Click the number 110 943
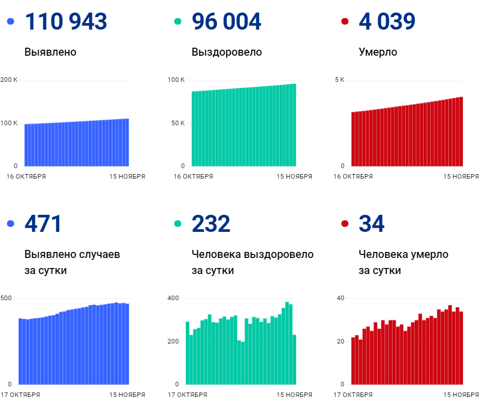(66, 22)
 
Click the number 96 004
(226, 22)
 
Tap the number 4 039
(387, 22)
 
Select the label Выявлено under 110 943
(50, 52)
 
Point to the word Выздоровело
(226, 52)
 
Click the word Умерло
(378, 52)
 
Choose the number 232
(211, 224)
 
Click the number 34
(372, 224)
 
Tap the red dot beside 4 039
(344, 22)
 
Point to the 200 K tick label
(9, 80)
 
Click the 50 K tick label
(176, 123)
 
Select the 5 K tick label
(339, 80)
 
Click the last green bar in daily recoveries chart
(294, 359)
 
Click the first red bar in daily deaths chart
(353, 360)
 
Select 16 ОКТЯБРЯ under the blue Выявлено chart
(27, 177)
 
